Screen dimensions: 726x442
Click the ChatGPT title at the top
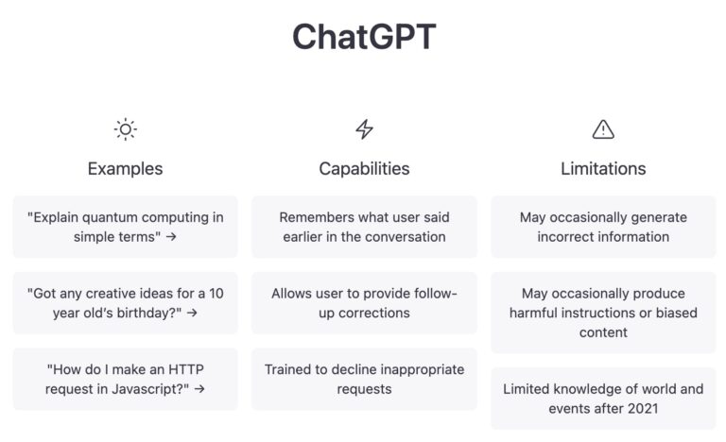tap(364, 37)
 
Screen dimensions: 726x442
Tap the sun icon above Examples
tap(126, 129)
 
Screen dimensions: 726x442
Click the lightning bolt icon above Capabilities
tap(364, 129)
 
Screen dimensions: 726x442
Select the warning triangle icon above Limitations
tap(603, 129)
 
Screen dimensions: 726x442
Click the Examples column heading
tap(125, 169)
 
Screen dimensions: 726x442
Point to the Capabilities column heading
tap(364, 169)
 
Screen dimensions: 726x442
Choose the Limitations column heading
tap(603, 169)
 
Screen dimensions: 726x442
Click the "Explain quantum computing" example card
tap(126, 227)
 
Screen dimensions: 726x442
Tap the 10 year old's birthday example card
tap(126, 302)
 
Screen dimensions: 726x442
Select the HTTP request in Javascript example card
tap(126, 379)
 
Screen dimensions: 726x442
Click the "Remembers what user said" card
tap(364, 227)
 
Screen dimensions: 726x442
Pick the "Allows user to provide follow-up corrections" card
tap(364, 302)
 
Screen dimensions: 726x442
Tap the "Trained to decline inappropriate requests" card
tap(364, 379)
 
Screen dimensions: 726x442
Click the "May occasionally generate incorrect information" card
tap(603, 227)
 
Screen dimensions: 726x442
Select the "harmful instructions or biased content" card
tap(603, 313)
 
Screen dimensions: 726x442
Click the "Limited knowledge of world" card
tap(603, 399)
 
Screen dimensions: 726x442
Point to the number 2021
tap(642, 409)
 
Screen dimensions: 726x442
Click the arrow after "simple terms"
tap(171, 236)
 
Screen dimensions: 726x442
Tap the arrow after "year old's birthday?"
tap(192, 313)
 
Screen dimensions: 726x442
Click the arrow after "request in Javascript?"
tap(199, 389)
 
